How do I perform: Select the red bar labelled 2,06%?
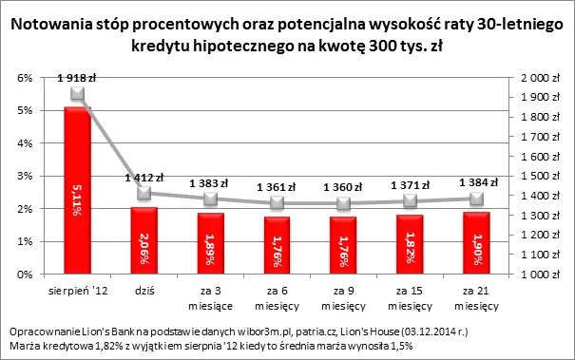click(x=144, y=240)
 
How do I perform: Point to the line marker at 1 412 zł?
click(x=144, y=194)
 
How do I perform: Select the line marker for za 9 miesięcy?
click(x=343, y=203)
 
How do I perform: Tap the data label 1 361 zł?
click(x=276, y=187)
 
